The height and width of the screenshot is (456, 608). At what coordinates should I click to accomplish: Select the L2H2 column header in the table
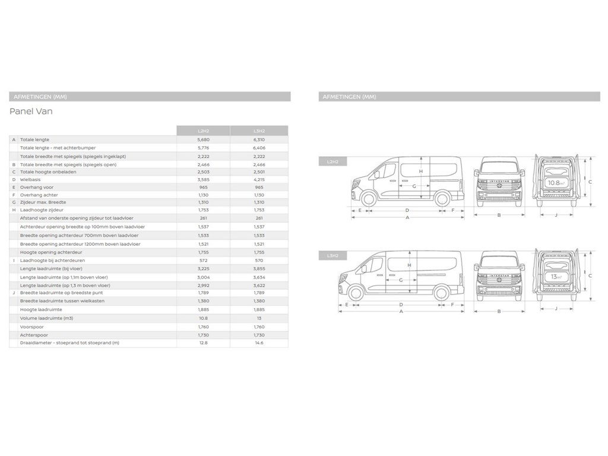202,131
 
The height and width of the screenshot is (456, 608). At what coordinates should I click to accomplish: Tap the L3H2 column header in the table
259,131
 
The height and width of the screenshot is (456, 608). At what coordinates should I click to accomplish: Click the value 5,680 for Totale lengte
202,139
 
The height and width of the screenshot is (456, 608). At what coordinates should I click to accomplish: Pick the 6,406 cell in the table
259,148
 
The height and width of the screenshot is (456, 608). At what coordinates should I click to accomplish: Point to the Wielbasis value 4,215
259,179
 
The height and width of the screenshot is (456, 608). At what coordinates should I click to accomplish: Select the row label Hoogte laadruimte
41,309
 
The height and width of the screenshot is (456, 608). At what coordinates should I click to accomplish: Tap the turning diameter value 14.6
259,343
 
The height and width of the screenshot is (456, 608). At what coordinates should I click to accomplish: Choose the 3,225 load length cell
202,268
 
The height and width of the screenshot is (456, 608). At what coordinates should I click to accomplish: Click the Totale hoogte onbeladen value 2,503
202,172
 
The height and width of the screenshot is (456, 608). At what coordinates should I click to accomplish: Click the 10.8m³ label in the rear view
556,183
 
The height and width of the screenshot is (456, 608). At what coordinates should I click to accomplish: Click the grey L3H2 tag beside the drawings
332,256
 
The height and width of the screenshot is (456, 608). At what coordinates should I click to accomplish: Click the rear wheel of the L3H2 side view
442,292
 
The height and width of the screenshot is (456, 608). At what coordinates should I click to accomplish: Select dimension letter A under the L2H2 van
407,217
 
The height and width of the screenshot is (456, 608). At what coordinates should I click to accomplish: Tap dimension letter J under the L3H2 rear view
556,308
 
